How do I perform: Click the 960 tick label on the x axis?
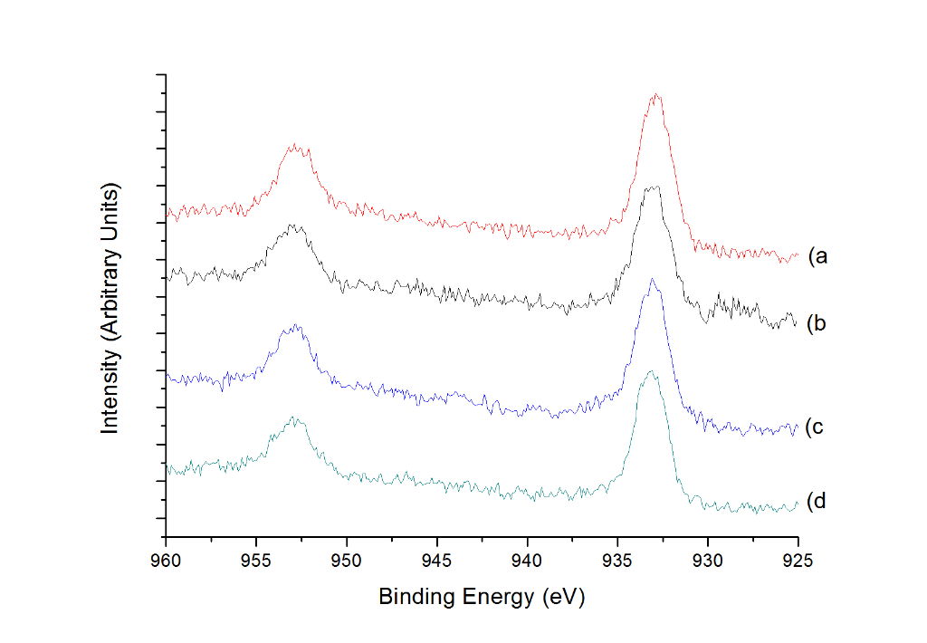(x=166, y=561)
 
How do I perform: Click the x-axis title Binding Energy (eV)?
(x=482, y=598)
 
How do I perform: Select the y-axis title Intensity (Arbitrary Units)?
(x=110, y=308)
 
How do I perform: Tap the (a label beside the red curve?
(x=817, y=256)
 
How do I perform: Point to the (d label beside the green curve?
(x=814, y=501)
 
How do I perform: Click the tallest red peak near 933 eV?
(x=655, y=94)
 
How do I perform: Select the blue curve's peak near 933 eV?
(x=652, y=280)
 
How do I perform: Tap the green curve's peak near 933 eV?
(x=651, y=372)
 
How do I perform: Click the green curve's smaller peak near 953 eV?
(x=293, y=418)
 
